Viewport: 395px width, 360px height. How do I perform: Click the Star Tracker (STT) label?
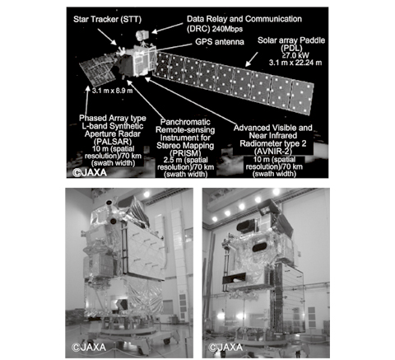pos(107,19)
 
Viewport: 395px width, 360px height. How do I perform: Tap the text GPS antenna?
pos(220,42)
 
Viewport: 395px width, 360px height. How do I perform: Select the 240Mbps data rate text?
pos(227,29)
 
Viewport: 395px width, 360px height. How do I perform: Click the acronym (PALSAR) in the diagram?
pos(113,142)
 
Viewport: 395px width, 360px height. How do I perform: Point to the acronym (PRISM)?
pos(185,152)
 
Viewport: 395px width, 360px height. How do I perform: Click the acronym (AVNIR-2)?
pos(272,151)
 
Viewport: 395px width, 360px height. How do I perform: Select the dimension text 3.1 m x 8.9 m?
pos(113,91)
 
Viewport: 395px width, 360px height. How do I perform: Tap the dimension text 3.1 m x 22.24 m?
pos(295,63)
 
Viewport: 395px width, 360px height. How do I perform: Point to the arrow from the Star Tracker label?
pos(107,36)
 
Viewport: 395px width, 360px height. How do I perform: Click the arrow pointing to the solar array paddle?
pos(252,59)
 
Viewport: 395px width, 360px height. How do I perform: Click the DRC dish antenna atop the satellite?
pos(142,35)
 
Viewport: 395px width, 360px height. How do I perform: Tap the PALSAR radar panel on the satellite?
pos(97,70)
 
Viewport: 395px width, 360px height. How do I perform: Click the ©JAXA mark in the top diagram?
pos(90,172)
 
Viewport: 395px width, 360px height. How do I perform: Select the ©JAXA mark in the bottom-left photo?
pos(89,347)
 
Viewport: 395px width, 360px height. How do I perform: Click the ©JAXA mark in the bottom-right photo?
pos(225,348)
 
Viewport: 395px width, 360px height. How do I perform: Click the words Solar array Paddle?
pos(291,40)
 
